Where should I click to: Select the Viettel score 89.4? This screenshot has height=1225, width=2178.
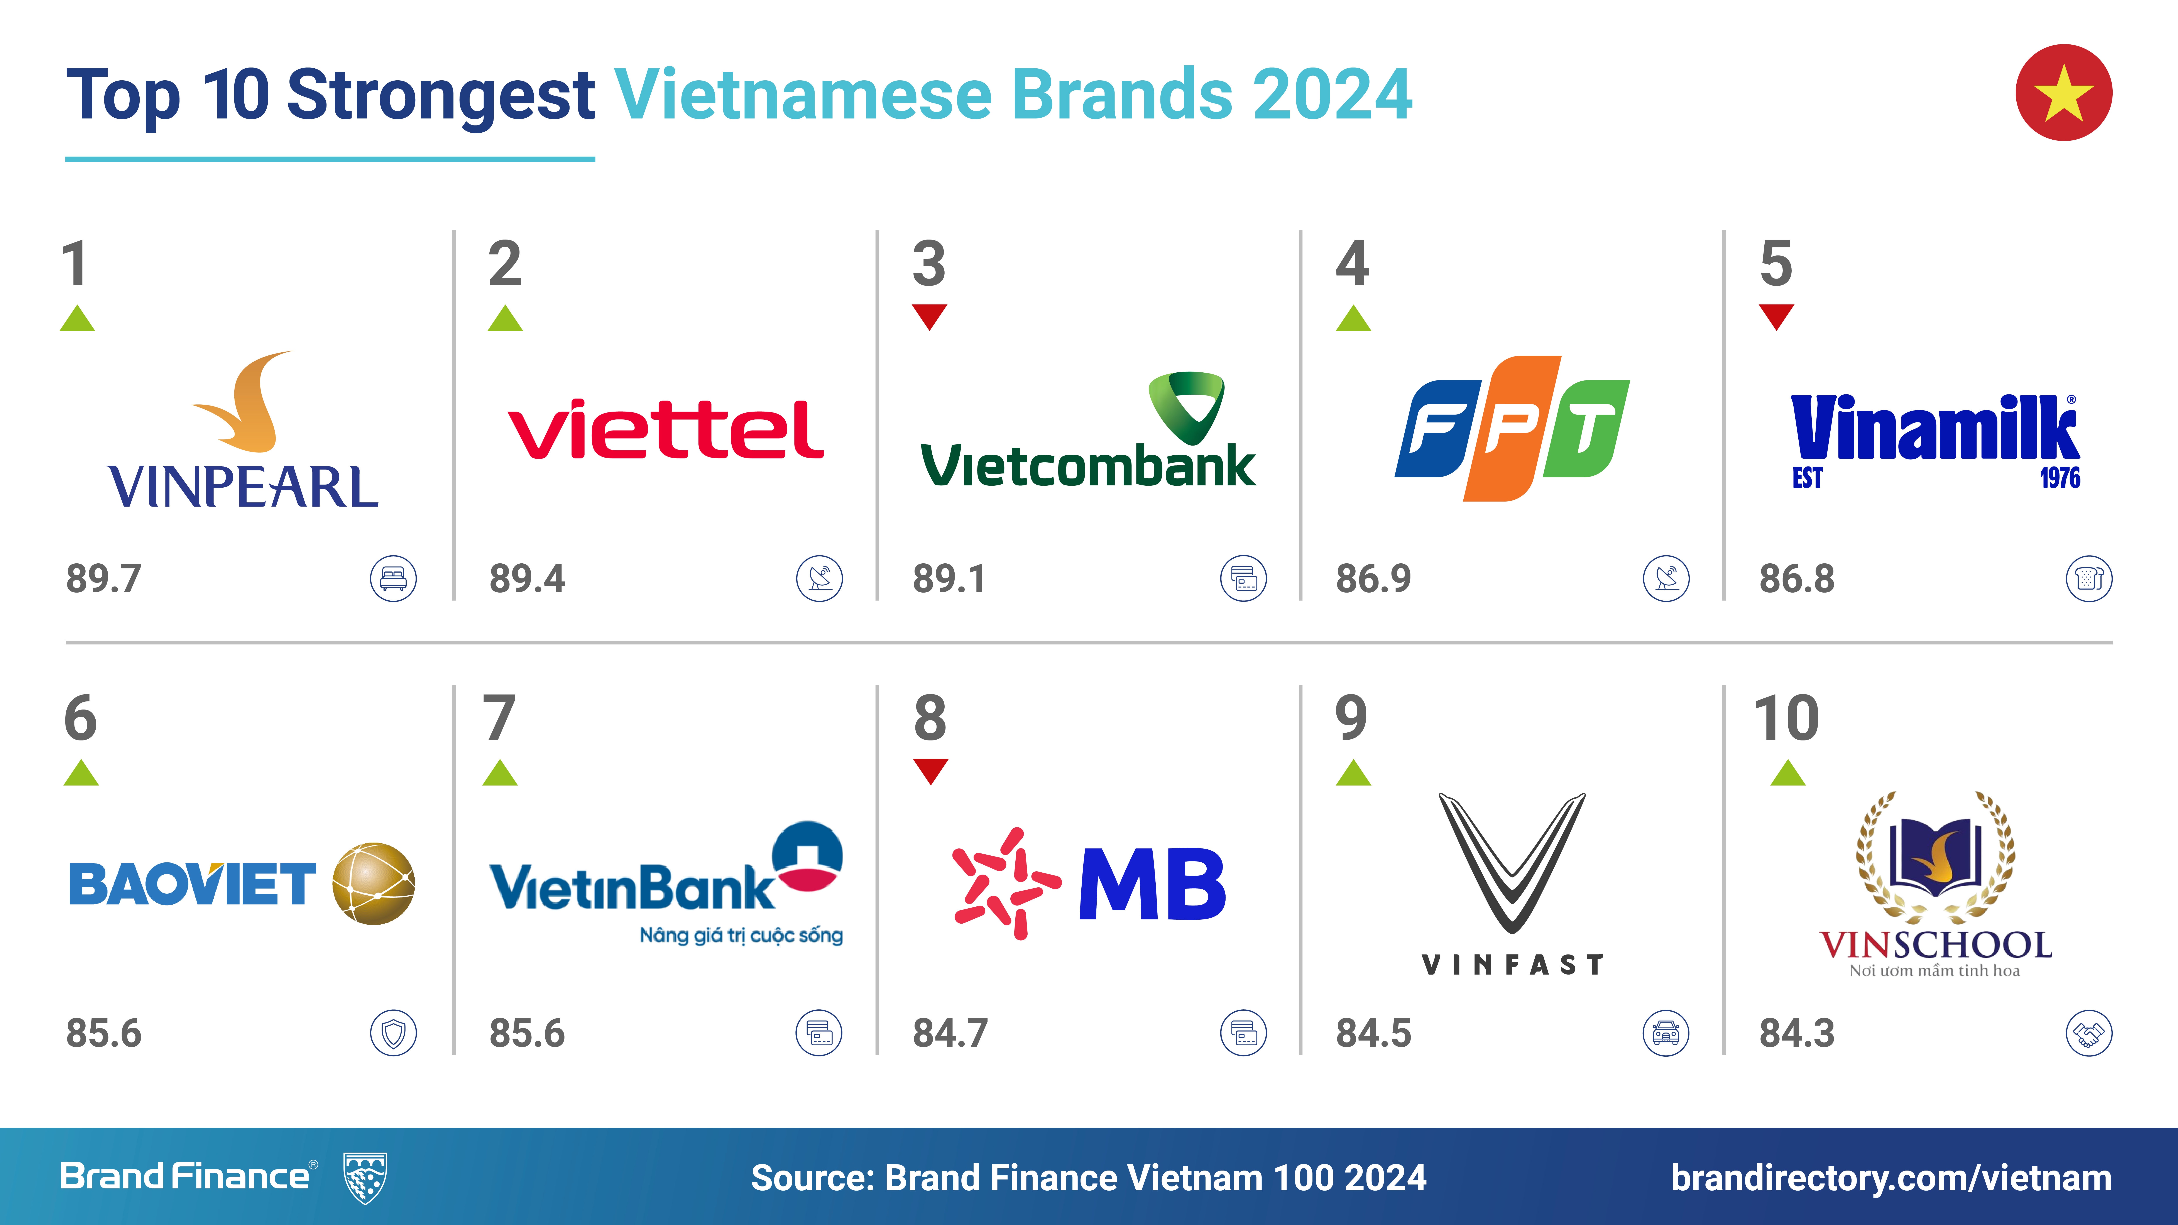pyautogui.click(x=527, y=579)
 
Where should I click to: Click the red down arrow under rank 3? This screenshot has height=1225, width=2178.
pyautogui.click(x=929, y=317)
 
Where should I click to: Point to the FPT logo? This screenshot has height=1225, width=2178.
pyautogui.click(x=1512, y=429)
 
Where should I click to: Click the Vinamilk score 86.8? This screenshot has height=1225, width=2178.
pyautogui.click(x=1797, y=579)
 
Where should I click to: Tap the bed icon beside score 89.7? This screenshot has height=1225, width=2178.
pyautogui.click(x=393, y=579)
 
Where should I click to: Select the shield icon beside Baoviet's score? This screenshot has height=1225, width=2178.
pyautogui.click(x=393, y=1033)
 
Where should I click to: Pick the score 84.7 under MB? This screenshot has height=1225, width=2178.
pyautogui.click(x=950, y=1033)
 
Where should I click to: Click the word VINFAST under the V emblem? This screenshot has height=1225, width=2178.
pyautogui.click(x=1513, y=965)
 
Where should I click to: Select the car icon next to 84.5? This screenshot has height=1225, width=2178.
pyautogui.click(x=1666, y=1033)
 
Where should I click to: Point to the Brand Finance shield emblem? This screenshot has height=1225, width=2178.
pyautogui.click(x=365, y=1178)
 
